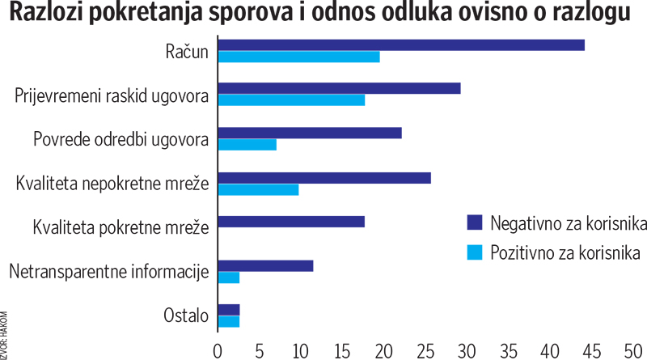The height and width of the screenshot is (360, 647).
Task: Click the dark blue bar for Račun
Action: point(401,44)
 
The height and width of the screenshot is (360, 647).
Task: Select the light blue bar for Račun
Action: point(298,57)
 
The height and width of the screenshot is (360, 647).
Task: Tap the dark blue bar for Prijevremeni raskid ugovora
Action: point(339,88)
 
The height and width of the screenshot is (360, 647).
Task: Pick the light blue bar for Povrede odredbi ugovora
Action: point(247,145)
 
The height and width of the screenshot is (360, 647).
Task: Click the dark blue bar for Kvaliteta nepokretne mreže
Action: point(324,177)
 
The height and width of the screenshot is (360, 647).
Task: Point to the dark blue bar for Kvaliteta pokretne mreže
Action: point(291,222)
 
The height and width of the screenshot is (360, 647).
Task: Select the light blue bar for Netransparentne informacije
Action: point(229,277)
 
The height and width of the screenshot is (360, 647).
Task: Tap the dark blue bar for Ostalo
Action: point(229,310)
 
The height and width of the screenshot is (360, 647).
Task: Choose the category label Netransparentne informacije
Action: point(109,272)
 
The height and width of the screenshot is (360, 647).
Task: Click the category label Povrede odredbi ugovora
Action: point(121,139)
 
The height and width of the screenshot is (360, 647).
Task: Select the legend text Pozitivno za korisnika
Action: point(565,253)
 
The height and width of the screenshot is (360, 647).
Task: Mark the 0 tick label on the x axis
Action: point(218,350)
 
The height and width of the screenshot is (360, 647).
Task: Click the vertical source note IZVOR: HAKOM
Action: point(6,332)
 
